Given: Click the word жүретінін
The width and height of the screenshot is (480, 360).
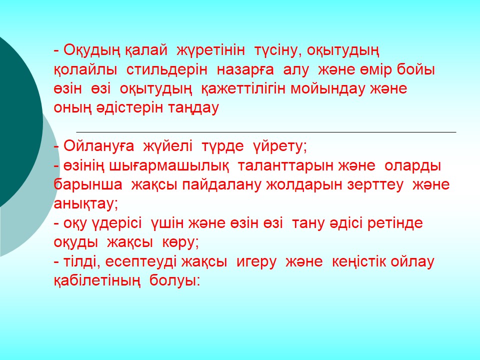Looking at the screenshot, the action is (x=211, y=50).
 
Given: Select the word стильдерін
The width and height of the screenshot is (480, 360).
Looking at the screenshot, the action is (x=167, y=70).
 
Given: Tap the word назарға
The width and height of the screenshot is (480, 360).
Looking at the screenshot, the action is (x=245, y=70).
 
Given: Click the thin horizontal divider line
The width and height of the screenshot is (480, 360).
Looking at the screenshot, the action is (x=266, y=132).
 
